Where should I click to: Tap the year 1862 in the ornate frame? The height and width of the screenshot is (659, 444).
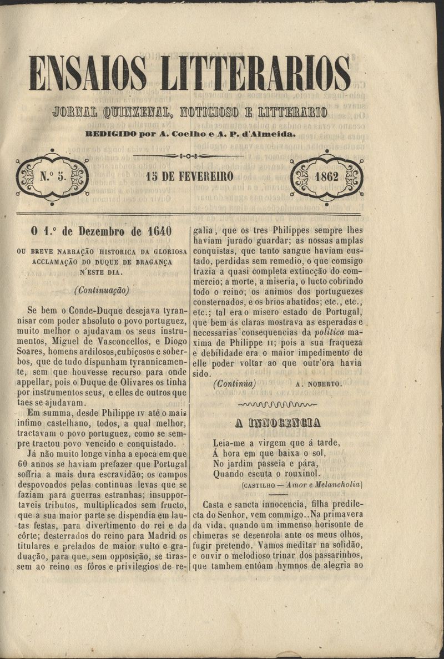click(x=326, y=178)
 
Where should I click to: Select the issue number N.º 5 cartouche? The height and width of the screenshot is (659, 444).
click(x=52, y=178)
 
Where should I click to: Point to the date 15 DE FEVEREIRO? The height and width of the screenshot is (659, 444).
click(x=189, y=178)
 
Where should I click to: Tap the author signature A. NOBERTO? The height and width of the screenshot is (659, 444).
click(x=319, y=383)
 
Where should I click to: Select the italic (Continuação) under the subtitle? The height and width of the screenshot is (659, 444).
click(x=102, y=290)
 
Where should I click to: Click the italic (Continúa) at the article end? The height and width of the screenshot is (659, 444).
click(x=234, y=383)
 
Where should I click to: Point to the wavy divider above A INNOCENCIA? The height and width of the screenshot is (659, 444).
click(x=277, y=404)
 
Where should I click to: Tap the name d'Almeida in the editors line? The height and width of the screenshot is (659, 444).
click(x=274, y=134)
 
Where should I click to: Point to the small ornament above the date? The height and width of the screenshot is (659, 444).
click(x=189, y=156)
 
